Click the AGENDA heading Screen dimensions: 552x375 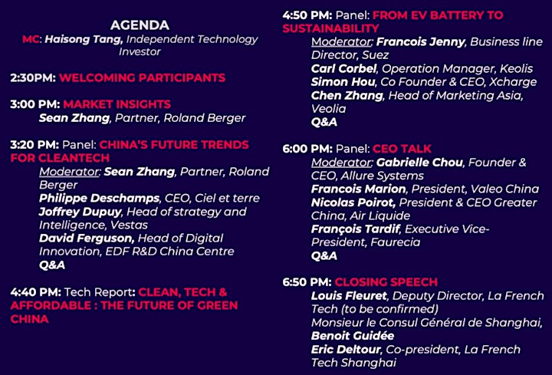(140, 25)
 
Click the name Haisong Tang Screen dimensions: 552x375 (84, 39)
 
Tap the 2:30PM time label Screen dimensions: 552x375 (33, 77)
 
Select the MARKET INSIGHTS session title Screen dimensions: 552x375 (117, 104)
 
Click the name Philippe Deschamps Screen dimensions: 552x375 (99, 199)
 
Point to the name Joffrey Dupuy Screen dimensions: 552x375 (80, 212)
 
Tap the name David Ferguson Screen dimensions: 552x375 (87, 238)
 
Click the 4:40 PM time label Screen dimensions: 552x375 (36, 292)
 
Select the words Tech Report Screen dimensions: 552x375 (100, 292)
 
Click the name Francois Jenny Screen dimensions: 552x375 (421, 42)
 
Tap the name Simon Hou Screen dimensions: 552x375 (343, 82)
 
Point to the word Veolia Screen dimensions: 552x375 (328, 109)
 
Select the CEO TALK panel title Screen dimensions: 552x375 (402, 149)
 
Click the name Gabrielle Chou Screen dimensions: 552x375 (419, 163)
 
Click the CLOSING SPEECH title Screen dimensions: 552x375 (386, 282)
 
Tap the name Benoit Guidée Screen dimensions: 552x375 (353, 336)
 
